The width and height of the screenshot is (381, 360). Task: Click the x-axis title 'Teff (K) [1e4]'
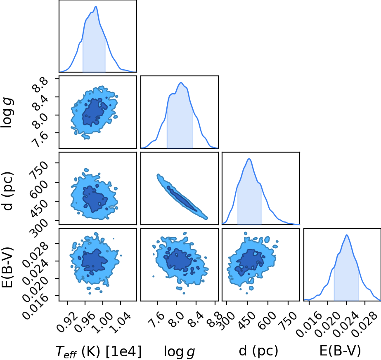tap(98, 351)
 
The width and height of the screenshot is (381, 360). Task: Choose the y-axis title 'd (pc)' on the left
tap(7, 191)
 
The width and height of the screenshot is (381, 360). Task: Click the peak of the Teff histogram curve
tap(96, 6)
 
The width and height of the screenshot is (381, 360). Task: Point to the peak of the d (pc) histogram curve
tap(249, 159)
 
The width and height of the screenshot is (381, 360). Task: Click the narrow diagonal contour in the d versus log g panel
tap(182, 197)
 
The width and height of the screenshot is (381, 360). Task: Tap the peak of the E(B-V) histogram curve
tap(347, 235)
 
